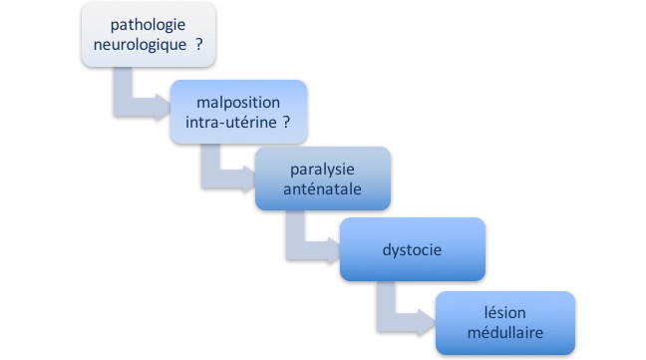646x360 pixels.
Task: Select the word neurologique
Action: pos(141,46)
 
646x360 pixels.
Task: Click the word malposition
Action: pos(237,105)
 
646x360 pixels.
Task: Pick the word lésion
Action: pos(504,311)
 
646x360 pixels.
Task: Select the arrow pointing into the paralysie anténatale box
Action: pos(224,170)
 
